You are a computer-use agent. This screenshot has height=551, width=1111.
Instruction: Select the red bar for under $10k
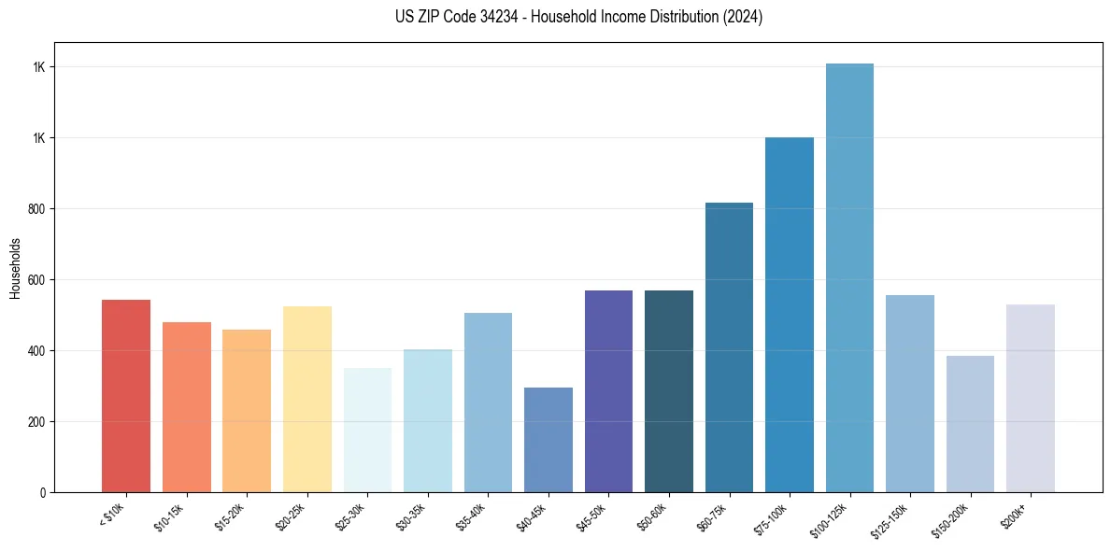(126, 396)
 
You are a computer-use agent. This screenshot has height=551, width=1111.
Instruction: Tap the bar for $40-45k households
(548, 440)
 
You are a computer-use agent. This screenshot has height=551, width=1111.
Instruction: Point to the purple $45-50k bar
(608, 391)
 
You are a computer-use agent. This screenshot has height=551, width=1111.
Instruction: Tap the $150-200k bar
(970, 424)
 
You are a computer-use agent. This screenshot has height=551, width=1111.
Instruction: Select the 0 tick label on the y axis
(43, 492)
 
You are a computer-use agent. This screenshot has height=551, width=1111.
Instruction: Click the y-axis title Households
(15, 267)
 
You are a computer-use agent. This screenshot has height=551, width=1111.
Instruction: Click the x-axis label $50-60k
(652, 516)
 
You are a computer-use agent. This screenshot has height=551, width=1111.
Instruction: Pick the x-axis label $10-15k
(170, 516)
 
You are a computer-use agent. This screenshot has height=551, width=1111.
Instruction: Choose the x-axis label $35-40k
(472, 516)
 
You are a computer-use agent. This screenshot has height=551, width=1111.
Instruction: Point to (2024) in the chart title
(743, 17)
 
